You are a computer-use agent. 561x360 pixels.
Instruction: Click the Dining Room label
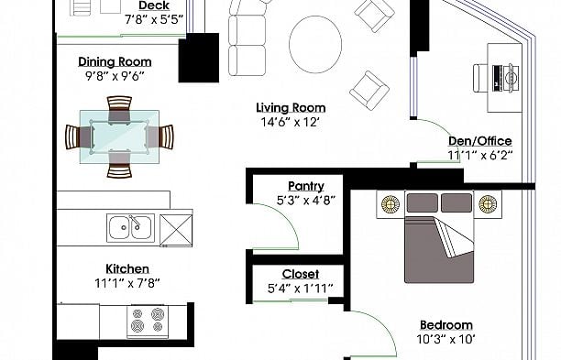(115, 62)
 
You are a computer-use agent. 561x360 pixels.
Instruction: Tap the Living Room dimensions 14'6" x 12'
(291, 122)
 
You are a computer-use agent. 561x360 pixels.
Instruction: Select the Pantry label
(306, 186)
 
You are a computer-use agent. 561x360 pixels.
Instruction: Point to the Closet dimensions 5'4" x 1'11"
(301, 289)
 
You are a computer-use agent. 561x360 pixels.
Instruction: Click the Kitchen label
(127, 268)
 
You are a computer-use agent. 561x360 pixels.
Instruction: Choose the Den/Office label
(480, 141)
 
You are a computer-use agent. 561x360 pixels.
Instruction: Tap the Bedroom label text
(446, 325)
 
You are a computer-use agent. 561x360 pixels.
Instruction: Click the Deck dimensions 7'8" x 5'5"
(155, 19)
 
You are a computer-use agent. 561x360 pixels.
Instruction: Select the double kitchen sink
(130, 228)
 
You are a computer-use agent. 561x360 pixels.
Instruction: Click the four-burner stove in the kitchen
(148, 321)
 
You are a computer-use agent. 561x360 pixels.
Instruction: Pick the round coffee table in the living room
(315, 44)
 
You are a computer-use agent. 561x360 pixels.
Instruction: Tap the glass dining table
(119, 136)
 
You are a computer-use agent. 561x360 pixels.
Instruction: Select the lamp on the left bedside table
(390, 204)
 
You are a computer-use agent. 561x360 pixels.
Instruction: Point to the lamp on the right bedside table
(488, 204)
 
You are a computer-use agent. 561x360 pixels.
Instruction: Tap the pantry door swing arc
(287, 220)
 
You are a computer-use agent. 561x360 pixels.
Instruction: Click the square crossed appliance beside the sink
(176, 231)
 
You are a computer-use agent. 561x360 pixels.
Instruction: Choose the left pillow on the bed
(423, 202)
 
